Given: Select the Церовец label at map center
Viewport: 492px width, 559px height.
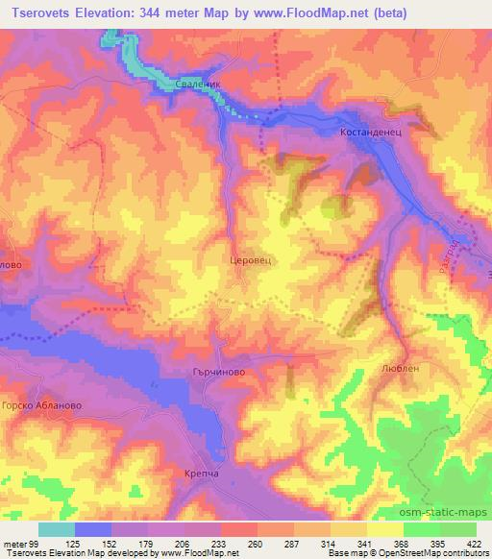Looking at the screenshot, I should point(251,259).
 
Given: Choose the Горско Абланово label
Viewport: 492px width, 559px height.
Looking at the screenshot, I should point(36,407).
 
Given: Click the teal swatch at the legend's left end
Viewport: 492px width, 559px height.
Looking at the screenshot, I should point(57,529).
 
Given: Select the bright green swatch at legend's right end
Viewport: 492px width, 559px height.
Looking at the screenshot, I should point(456,529).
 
